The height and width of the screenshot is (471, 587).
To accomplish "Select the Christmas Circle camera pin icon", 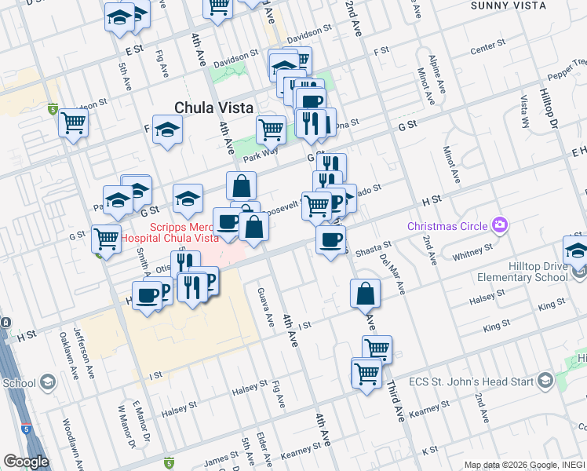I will click(x=499, y=226).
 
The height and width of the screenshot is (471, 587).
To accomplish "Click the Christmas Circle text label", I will click(x=449, y=226).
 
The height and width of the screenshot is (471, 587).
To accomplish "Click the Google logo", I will click(x=25, y=462).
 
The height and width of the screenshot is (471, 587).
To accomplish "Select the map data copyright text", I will click(x=524, y=465).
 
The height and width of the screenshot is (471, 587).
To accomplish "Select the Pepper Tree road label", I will click(x=564, y=73).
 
